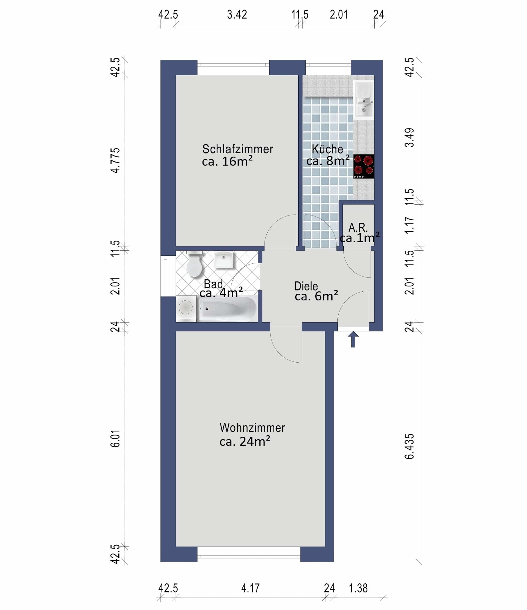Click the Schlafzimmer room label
237,149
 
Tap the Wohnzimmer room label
252,428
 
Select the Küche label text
327,149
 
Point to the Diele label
306,286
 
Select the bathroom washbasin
224,259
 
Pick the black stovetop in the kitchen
364,166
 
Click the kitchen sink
364,100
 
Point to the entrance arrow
353,339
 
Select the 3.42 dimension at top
237,14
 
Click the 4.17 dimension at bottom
250,588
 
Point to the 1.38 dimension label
358,588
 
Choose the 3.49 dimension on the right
409,138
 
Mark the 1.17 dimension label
409,225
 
